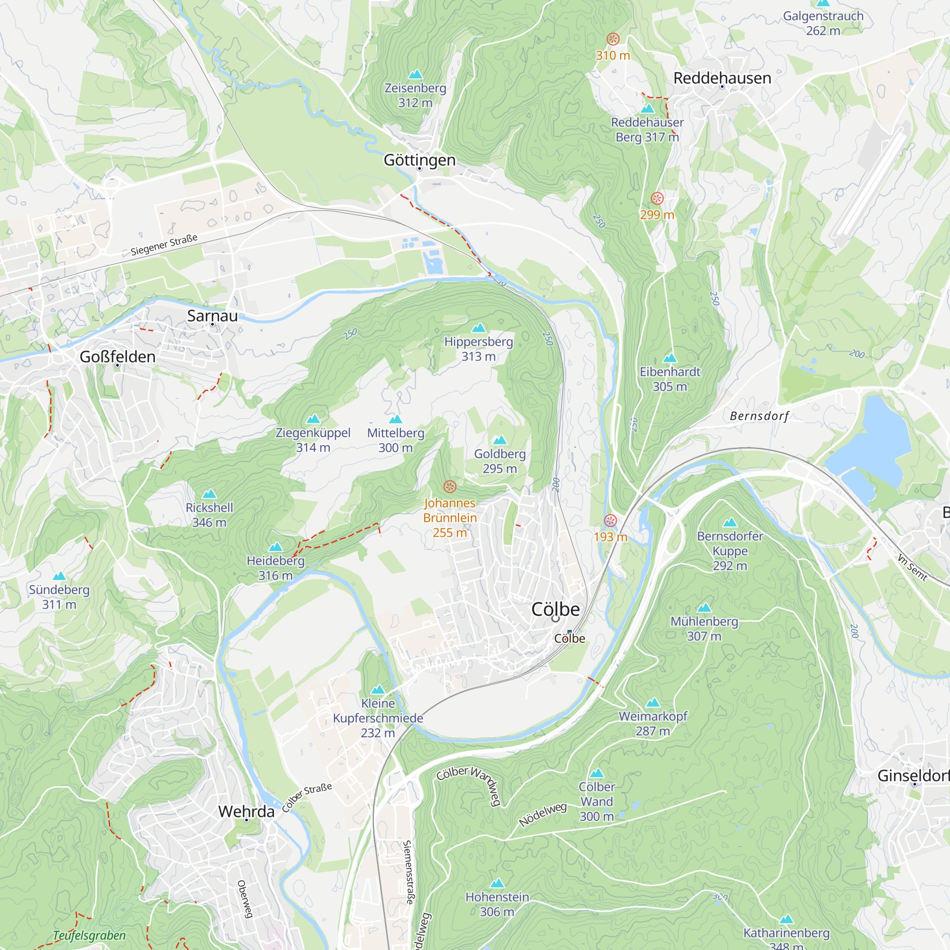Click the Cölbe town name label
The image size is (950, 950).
click(555, 609)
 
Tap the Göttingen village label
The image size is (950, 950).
click(419, 160)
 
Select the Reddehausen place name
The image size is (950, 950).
click(722, 78)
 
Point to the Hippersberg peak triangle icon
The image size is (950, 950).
click(478, 328)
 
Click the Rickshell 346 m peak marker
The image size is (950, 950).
click(209, 494)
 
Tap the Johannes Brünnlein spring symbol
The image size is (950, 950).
click(449, 487)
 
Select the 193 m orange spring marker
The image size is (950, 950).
click(610, 521)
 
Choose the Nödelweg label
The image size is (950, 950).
click(543, 814)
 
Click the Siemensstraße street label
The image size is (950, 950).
click(408, 872)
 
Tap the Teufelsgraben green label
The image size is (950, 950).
click(89, 935)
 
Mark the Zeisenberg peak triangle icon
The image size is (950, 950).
click(416, 74)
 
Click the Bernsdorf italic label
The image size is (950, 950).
click(759, 416)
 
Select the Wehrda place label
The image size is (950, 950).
click(246, 811)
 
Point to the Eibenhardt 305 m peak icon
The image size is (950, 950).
click(670, 358)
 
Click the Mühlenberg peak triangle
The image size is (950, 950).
click(704, 608)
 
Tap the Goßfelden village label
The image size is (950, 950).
click(117, 357)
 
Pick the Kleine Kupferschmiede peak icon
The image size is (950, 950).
click(378, 689)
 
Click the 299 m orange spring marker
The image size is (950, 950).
click(657, 198)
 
